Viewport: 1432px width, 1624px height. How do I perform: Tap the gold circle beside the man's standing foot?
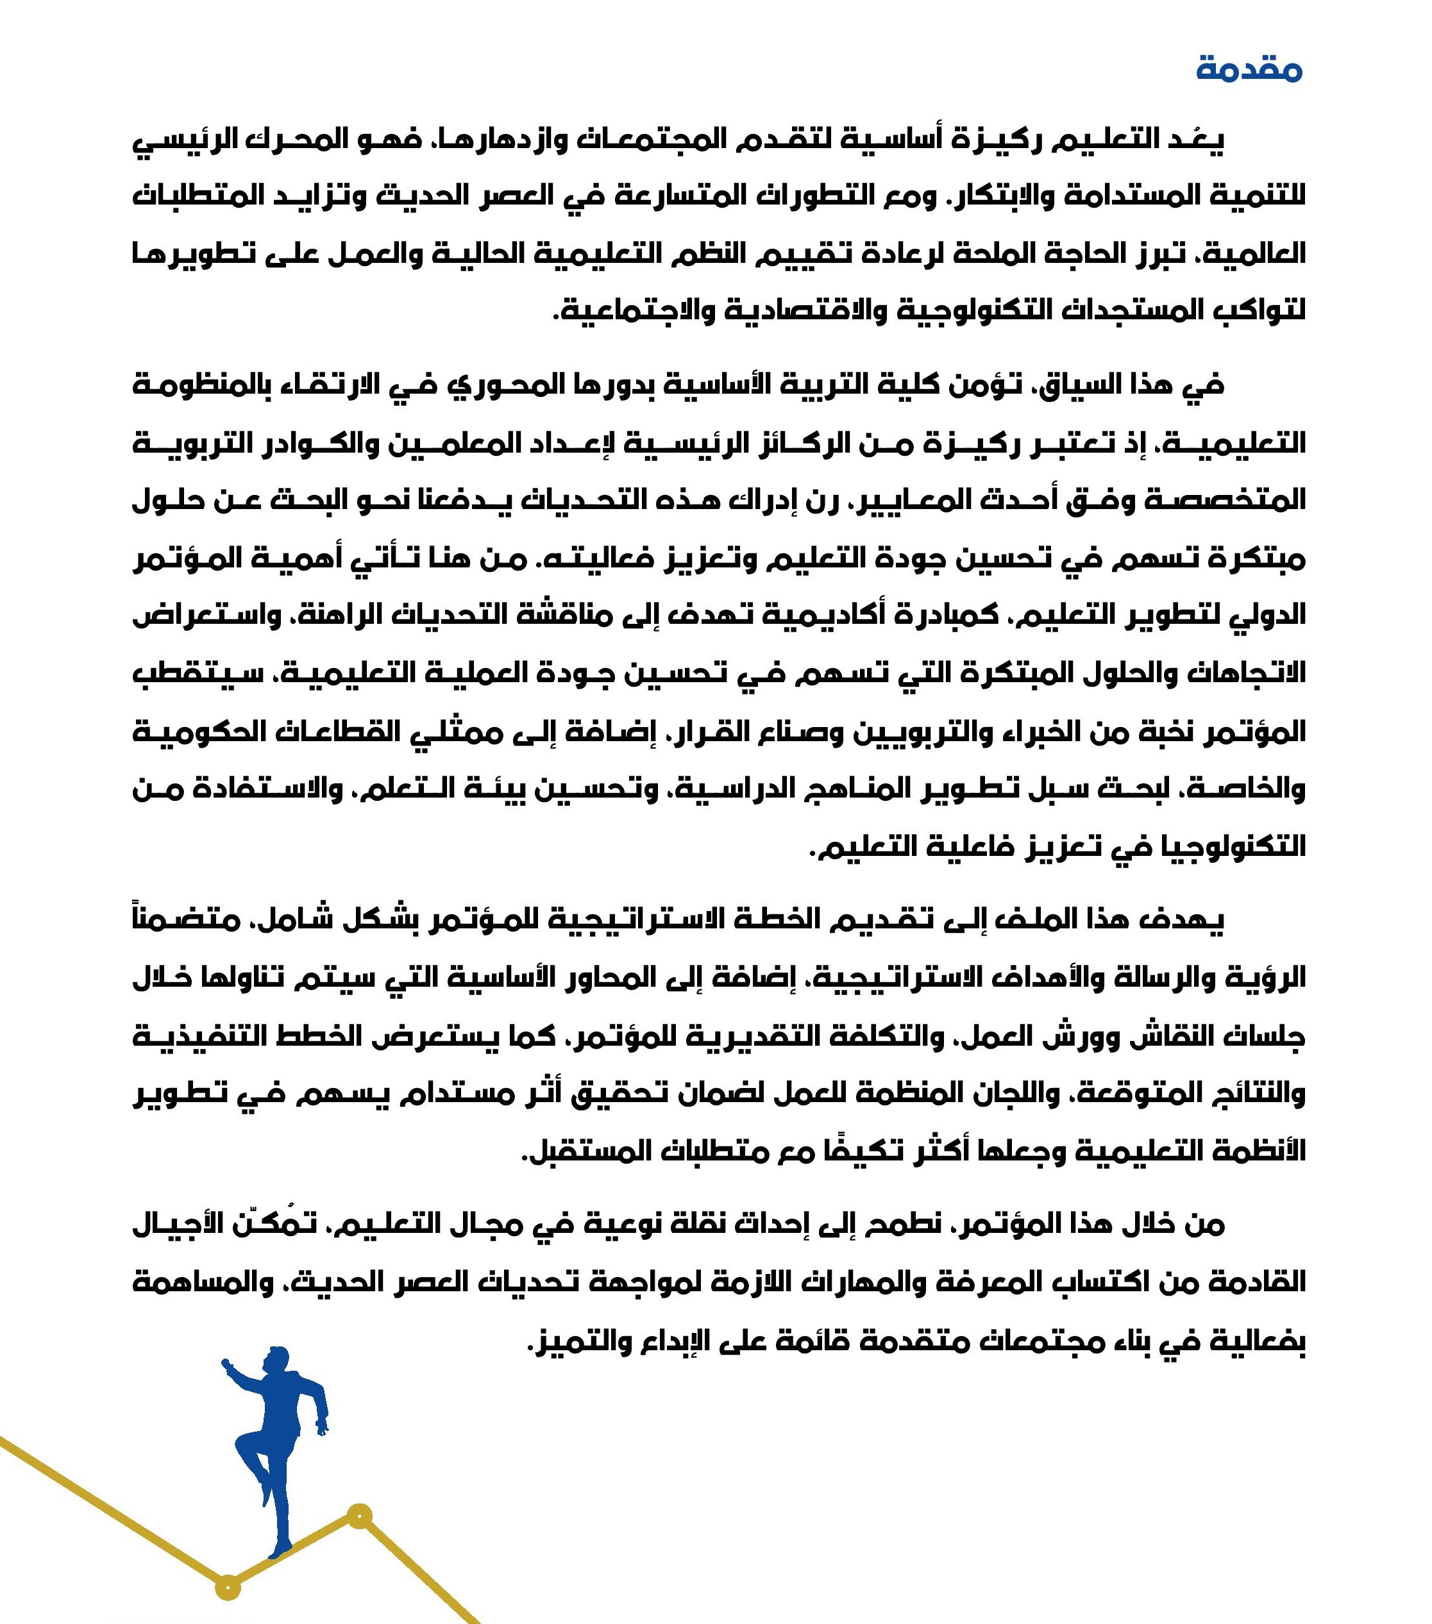pos(360,1515)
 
